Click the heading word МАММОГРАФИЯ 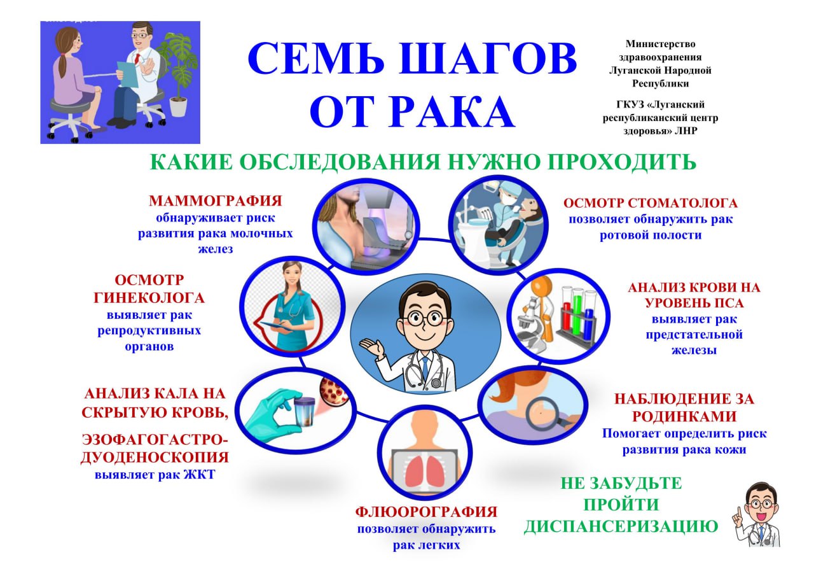[x=215, y=201]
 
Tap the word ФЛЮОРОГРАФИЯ [x=426, y=512]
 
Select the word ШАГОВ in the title [x=488, y=59]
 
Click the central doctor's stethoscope [x=427, y=369]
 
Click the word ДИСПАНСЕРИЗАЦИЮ [x=621, y=527]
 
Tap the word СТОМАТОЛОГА [x=686, y=204]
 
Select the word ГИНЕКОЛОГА [x=150, y=298]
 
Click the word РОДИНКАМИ [x=684, y=417]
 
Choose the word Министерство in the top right [x=660, y=44]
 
